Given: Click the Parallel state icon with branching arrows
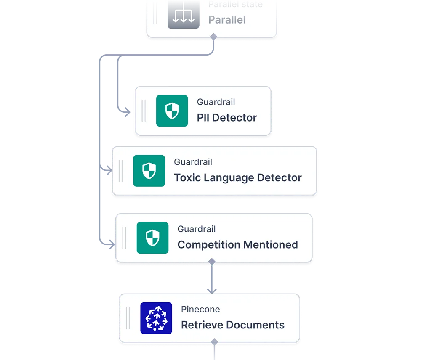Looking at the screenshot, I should [x=183, y=14].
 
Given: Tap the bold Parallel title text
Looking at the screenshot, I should [x=227, y=20].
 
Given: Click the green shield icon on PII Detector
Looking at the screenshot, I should [x=172, y=111].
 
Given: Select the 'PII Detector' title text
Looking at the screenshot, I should [x=226, y=118].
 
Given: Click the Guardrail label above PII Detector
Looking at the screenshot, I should [x=216, y=102].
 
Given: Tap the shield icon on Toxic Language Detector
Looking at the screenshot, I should [x=149, y=171].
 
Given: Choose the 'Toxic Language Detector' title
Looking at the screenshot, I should [x=238, y=177].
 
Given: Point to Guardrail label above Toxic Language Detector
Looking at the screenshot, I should [x=193, y=162].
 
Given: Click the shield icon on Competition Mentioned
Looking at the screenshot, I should [x=152, y=238].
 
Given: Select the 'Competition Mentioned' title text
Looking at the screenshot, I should [x=237, y=245].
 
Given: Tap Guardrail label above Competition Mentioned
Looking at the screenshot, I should [x=197, y=229].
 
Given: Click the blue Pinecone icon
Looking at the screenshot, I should [x=156, y=318].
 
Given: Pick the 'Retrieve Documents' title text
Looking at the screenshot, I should [x=232, y=325].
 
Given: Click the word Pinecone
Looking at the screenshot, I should [x=200, y=310].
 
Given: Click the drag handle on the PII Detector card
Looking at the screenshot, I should [x=144, y=111].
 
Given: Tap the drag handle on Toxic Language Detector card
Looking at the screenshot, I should [x=120, y=171].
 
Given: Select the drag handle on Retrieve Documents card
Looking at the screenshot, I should [x=128, y=318].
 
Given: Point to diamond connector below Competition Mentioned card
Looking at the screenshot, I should [x=212, y=262].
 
